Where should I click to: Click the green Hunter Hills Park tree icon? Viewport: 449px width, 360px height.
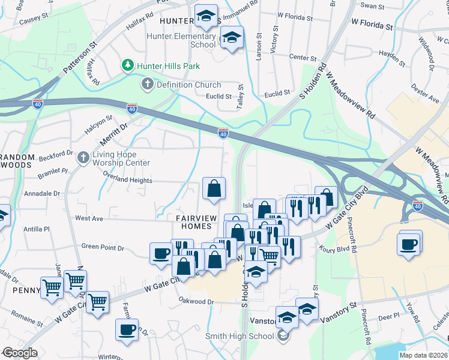pos(127,65)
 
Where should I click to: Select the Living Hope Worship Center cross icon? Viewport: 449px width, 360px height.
pos(84,158)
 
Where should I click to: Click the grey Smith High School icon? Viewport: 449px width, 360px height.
pos(283,336)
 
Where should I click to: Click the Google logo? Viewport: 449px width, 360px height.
pos(19,353)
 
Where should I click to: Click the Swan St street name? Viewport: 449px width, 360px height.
pos(372,5)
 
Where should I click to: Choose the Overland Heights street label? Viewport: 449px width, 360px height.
pos(127,181)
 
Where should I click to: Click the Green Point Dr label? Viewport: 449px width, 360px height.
pos(103,247)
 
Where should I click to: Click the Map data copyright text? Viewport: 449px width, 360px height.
pos(423,355)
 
